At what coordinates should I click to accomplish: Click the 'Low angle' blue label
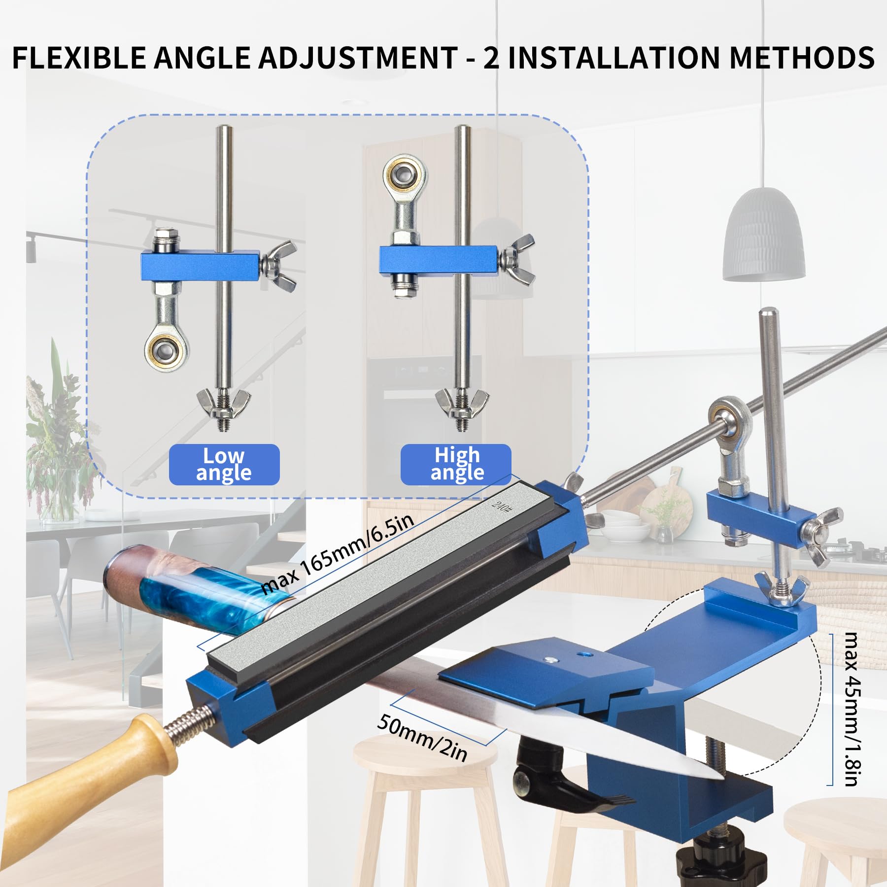pyautogui.click(x=224, y=464)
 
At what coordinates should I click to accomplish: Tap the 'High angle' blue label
pyautogui.click(x=456, y=464)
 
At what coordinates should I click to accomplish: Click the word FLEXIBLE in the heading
pyautogui.click(x=79, y=58)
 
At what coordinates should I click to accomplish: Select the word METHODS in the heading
pyautogui.click(x=802, y=58)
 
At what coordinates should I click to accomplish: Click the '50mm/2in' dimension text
pyautogui.click(x=422, y=738)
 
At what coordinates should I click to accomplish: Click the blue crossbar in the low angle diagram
pyautogui.click(x=200, y=266)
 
